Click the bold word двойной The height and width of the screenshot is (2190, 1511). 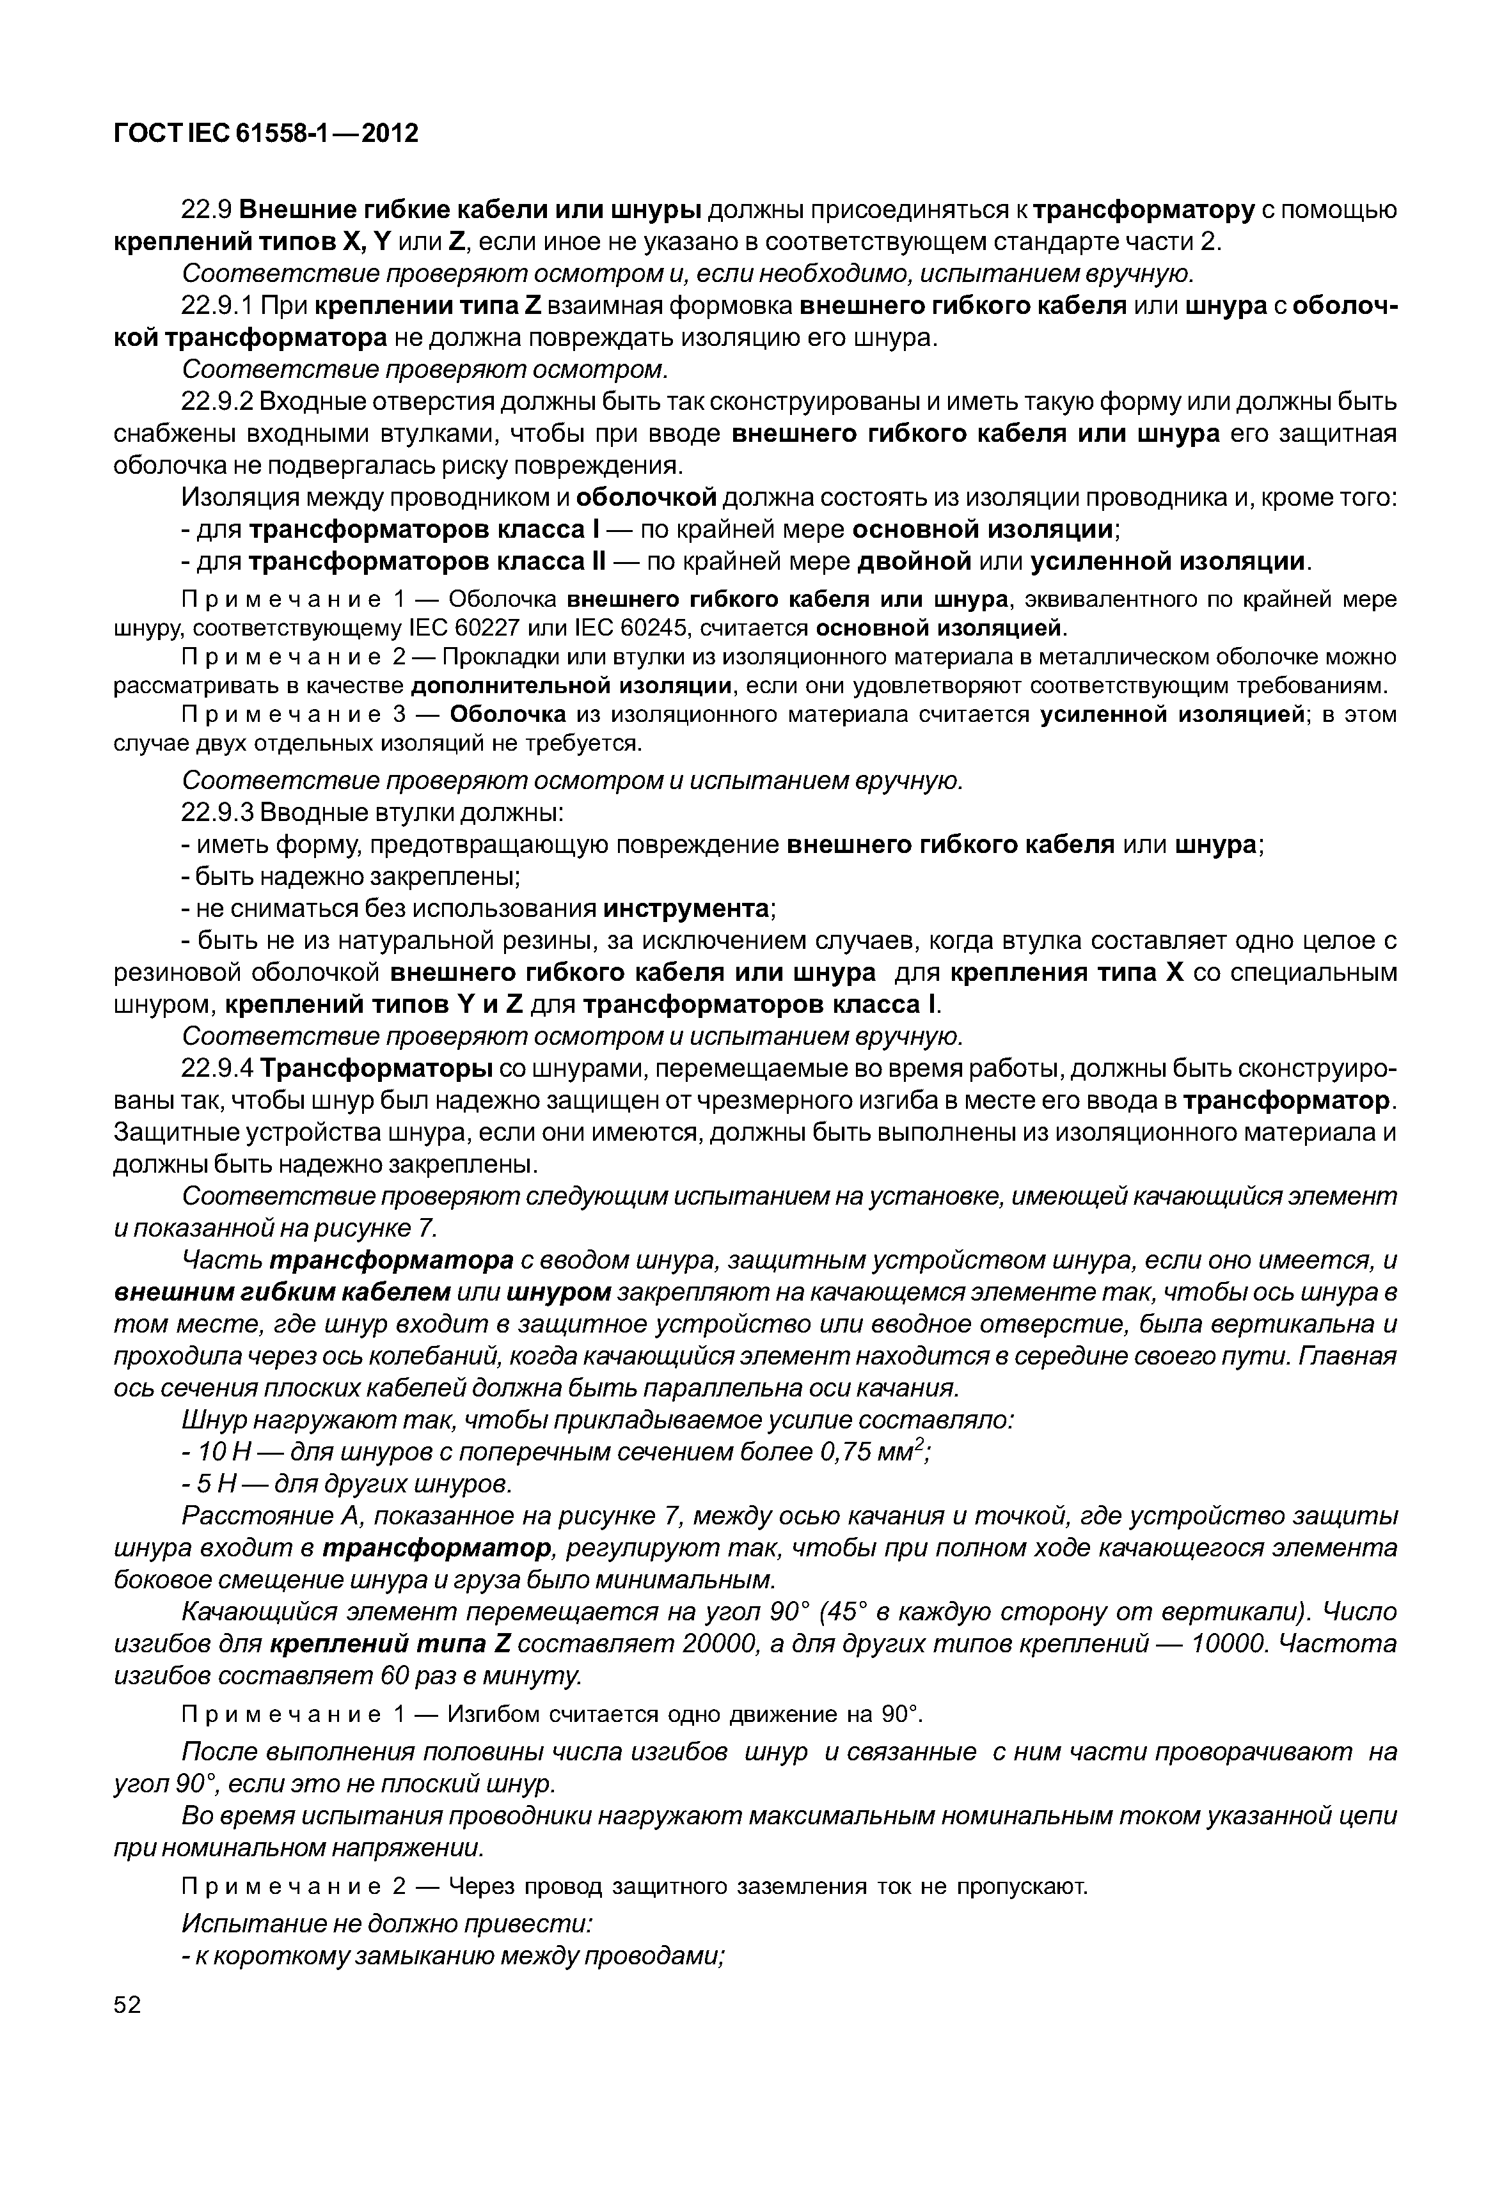point(915,561)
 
